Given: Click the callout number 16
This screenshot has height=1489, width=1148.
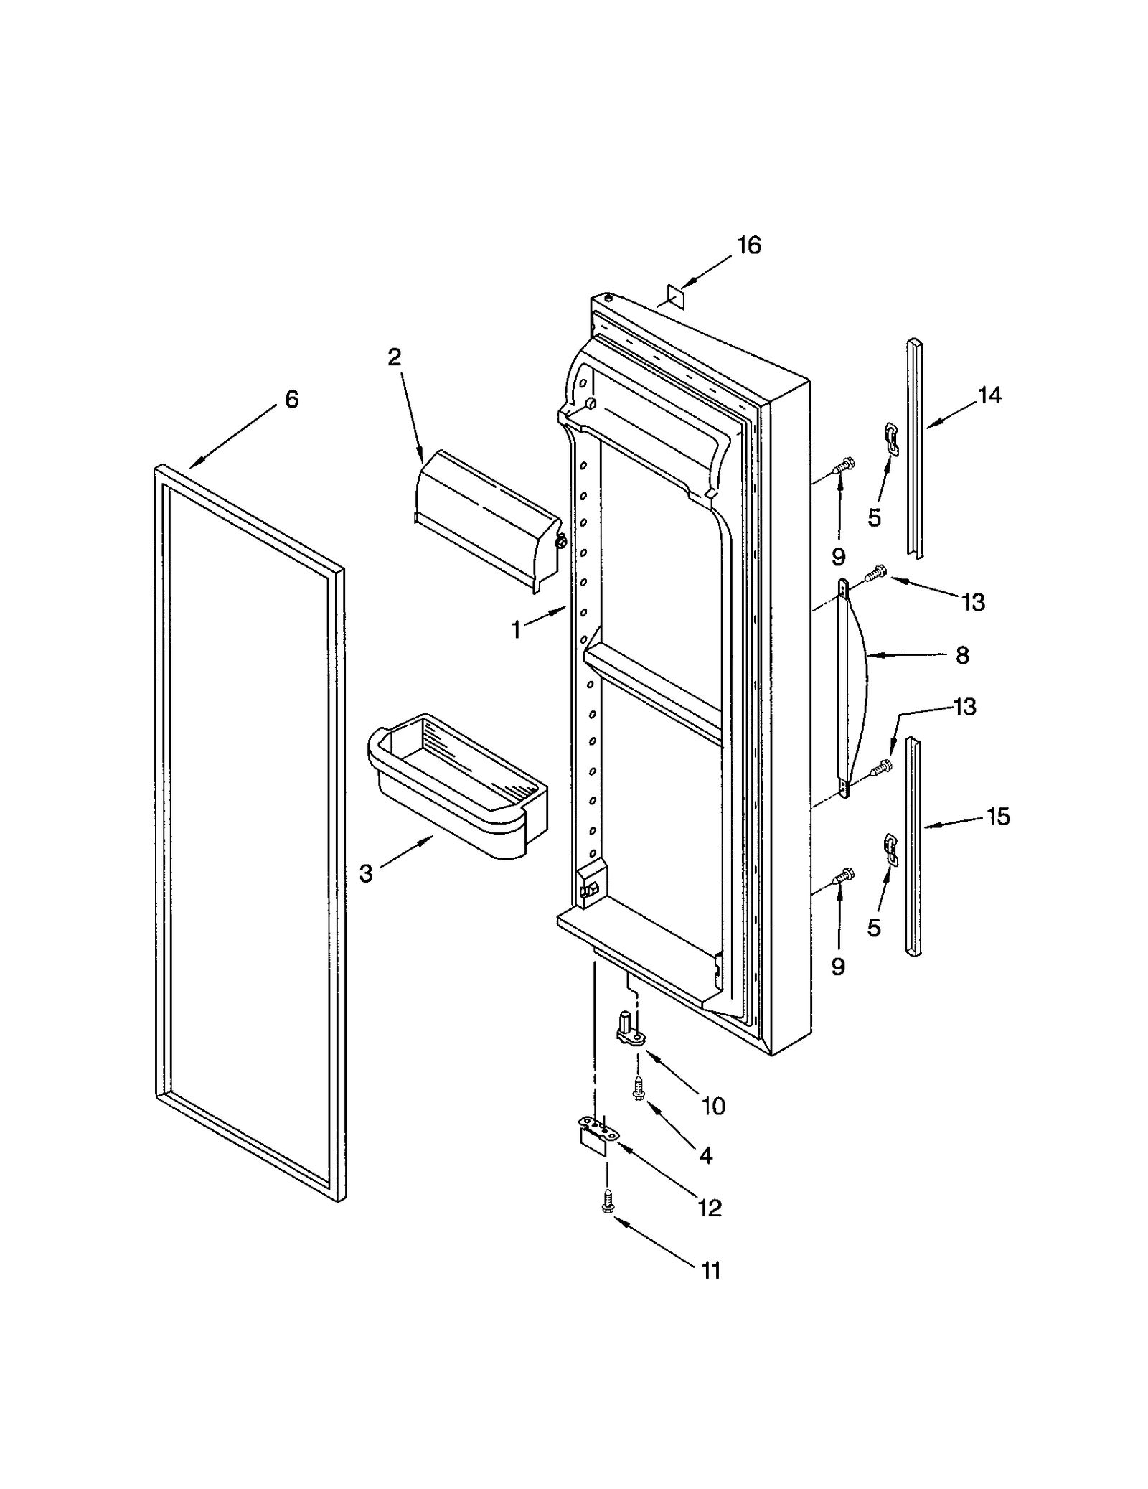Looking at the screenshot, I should click(x=748, y=245).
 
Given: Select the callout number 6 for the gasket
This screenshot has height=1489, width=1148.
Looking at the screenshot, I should click(x=291, y=400).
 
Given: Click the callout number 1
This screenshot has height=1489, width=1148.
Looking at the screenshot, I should click(x=516, y=630).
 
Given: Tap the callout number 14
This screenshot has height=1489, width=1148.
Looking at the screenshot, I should click(x=989, y=395).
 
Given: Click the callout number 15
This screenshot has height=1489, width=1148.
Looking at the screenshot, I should click(x=998, y=817).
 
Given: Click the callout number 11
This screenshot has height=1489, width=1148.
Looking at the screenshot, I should click(x=710, y=1271).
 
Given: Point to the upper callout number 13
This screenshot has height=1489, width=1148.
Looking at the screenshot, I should click(x=973, y=602).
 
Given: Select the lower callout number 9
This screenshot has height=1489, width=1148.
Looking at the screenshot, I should click(x=838, y=967).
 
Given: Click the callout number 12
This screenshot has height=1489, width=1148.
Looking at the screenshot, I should click(x=710, y=1208).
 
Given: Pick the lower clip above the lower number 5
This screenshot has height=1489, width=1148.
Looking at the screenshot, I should click(x=890, y=849).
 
